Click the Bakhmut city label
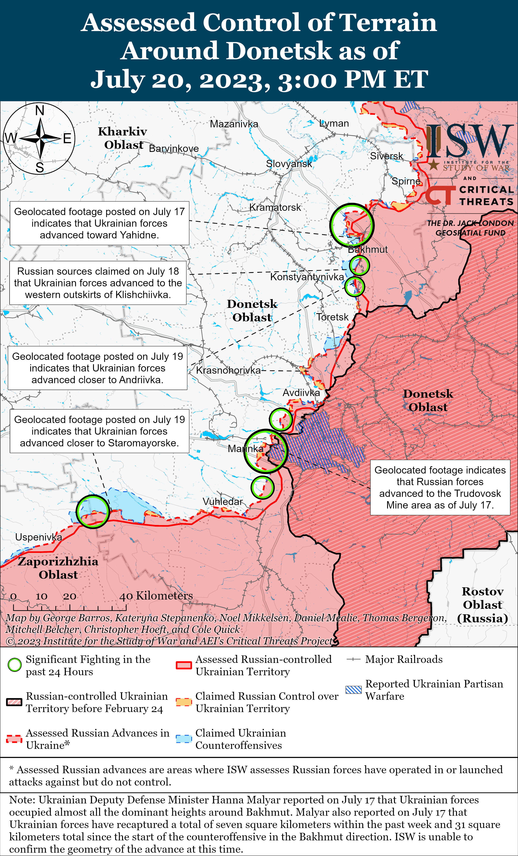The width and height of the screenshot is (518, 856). (367, 249)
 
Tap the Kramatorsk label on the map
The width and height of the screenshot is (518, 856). (275, 207)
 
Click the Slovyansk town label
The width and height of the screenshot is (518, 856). (289, 164)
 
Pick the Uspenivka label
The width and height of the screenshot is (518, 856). (39, 537)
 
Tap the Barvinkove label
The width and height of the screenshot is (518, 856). (174, 149)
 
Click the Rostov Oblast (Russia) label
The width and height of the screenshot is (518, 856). (483, 605)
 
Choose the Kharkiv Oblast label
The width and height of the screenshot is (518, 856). (123, 138)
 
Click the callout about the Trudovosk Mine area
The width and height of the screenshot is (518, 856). (440, 487)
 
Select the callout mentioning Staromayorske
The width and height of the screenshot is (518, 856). (99, 431)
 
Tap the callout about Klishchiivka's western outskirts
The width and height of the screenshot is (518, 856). (98, 283)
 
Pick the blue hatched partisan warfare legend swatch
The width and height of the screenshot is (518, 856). (354, 690)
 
